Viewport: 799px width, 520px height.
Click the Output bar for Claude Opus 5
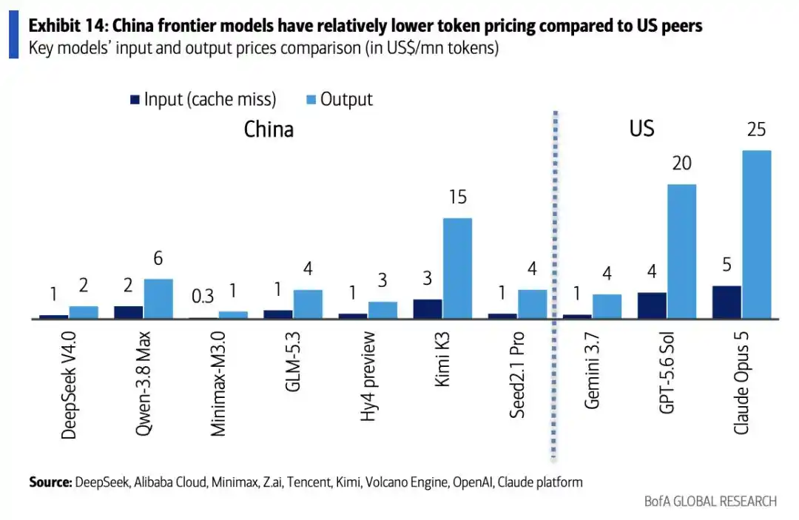tap(757, 234)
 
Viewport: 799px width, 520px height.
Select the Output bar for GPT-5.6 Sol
tap(682, 251)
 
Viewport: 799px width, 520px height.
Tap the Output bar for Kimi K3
tap(458, 269)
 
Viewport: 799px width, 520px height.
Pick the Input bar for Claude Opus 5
tap(726, 303)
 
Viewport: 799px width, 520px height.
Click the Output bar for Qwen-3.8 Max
tap(158, 299)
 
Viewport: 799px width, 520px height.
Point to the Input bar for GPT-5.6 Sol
tap(652, 305)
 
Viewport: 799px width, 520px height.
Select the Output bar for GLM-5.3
tap(308, 305)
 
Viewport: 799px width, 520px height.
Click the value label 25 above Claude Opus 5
tap(757, 129)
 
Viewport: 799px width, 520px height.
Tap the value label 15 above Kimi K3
tap(458, 197)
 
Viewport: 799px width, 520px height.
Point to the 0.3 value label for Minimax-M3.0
tap(203, 297)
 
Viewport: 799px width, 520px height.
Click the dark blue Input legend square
tap(135, 99)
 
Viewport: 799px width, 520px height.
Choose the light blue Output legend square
tap(311, 99)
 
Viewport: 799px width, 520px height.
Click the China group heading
tap(269, 129)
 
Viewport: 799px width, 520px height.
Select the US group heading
tap(641, 129)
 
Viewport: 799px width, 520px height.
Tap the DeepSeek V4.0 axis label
tap(68, 385)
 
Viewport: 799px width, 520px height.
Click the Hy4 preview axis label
tap(368, 377)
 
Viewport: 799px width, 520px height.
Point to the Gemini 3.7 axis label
tap(592, 371)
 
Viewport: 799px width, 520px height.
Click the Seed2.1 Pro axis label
tap(517, 375)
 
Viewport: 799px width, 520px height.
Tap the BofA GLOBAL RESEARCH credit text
tap(710, 502)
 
